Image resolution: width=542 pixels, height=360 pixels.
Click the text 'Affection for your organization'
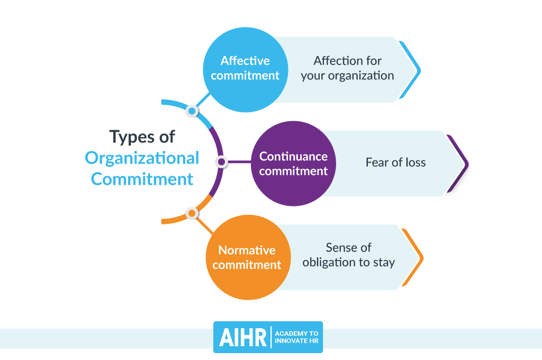coord(347,68)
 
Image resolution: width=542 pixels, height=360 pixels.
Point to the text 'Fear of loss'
coord(395,163)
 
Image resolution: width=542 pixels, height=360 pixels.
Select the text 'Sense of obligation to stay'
coord(348,255)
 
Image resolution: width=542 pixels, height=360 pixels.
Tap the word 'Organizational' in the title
coord(142,158)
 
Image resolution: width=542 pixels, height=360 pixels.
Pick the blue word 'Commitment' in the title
coord(142,179)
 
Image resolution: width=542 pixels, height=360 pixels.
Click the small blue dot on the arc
coord(192,111)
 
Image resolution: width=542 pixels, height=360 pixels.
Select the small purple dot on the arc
coord(221,161)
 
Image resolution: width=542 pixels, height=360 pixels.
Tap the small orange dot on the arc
coord(192,213)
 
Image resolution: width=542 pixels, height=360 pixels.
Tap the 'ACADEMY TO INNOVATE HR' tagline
coord(297,337)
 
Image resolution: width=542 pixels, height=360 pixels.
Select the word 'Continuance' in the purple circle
coord(293,156)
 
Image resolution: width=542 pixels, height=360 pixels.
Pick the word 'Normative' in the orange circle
coord(247,250)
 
